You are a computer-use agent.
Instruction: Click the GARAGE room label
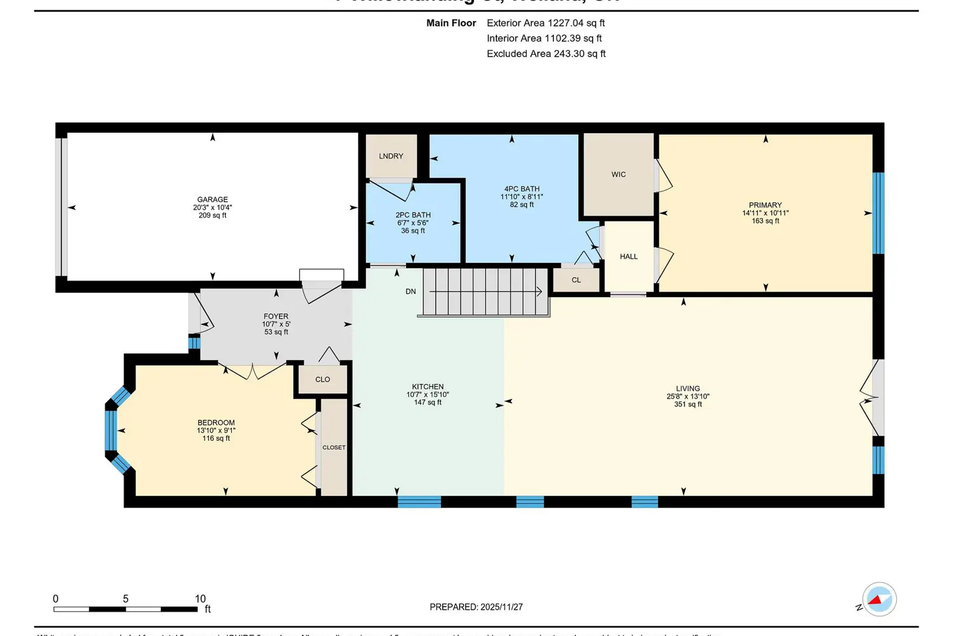click(x=212, y=200)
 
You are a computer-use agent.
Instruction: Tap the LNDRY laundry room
click(x=391, y=156)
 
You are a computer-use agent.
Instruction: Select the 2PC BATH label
click(x=413, y=215)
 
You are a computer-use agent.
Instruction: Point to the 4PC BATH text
click(x=522, y=189)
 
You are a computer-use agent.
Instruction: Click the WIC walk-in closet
click(x=618, y=174)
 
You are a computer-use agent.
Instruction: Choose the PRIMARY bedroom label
click(x=765, y=205)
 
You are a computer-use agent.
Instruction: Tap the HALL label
click(x=628, y=257)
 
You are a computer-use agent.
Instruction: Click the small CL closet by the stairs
click(x=576, y=280)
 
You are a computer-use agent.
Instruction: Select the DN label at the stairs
click(x=411, y=292)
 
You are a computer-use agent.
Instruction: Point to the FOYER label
click(x=276, y=316)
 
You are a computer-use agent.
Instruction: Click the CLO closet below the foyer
click(x=323, y=380)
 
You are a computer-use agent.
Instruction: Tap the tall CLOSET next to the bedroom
click(x=334, y=447)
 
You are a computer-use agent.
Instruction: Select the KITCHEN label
click(x=428, y=387)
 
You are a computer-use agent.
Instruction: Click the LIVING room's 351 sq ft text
click(x=688, y=404)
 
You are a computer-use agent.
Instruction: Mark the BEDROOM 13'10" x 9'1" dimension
click(x=216, y=431)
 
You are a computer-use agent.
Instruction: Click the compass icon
click(x=879, y=599)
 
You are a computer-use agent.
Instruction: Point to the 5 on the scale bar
click(x=126, y=599)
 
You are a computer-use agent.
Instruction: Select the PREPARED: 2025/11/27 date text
click(x=476, y=607)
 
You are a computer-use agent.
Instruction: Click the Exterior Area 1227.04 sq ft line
click(x=545, y=23)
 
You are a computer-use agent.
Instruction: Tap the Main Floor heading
click(x=451, y=23)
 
